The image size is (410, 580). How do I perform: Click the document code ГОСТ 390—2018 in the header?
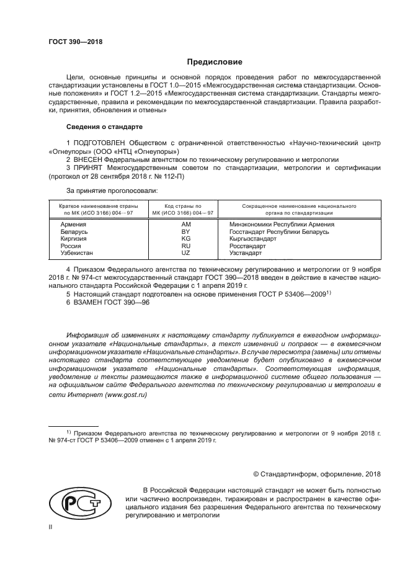click(x=75, y=42)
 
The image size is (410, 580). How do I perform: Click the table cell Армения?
click(x=73, y=223)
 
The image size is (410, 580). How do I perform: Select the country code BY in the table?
click(x=185, y=231)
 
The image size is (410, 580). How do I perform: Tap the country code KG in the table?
click(x=185, y=239)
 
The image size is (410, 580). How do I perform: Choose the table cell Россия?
click(x=71, y=246)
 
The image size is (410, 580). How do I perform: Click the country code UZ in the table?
click(x=185, y=254)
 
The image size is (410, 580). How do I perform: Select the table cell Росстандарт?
click(x=247, y=246)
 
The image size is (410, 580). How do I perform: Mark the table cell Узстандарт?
click(x=246, y=254)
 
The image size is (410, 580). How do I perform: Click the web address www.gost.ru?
click(x=128, y=393)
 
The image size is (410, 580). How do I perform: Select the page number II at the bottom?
click(x=51, y=526)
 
